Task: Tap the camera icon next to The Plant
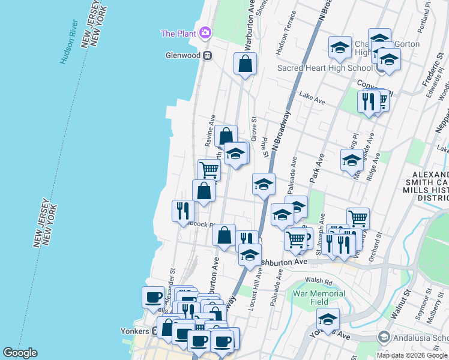[x=206, y=32]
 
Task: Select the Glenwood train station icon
[x=208, y=55]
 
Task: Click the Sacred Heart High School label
[x=324, y=68]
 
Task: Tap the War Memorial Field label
[x=319, y=298]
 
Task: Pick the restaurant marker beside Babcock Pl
[x=184, y=211]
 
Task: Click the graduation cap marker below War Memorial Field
[x=328, y=319]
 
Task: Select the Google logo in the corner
[x=20, y=353]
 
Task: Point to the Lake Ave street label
[x=312, y=98]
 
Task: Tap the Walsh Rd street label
[x=319, y=281]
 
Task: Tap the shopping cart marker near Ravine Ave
[x=209, y=170]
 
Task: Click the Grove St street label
[x=254, y=128]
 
